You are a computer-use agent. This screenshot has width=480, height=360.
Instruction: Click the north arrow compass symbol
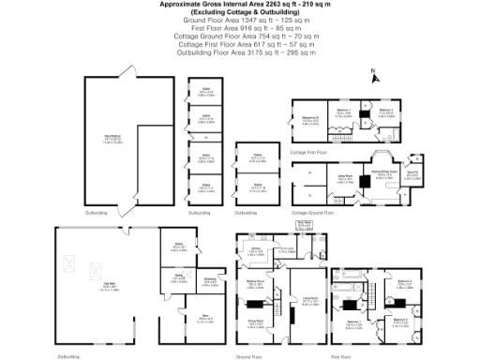[x=374, y=73]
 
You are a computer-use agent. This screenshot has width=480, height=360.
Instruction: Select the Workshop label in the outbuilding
[x=210, y=280]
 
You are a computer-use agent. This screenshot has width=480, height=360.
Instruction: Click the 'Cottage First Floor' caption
[x=309, y=151]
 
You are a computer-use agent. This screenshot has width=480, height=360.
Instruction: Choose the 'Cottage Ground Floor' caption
[x=313, y=214]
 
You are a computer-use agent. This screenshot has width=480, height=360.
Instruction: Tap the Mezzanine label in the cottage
[x=311, y=118]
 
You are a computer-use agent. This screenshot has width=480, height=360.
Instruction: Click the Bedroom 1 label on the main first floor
[x=353, y=322]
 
